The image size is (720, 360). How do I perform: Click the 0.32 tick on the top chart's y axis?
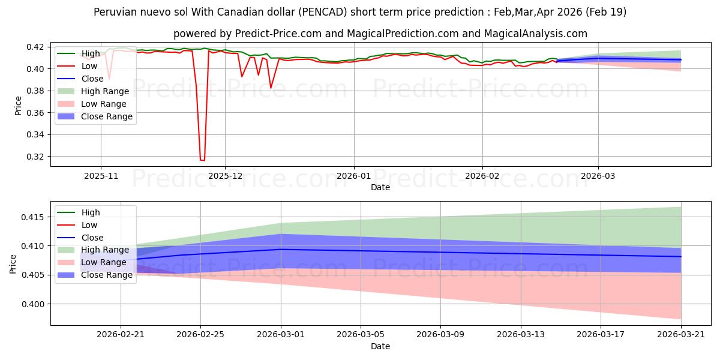35,157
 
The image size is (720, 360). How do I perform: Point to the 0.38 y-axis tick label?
35,91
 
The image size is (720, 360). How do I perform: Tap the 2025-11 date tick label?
101,176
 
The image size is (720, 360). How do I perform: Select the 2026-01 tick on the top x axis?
354,176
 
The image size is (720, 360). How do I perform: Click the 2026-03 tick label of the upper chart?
598,176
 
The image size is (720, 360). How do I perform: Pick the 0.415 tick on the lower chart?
33,218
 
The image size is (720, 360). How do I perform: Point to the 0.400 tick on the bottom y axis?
33,304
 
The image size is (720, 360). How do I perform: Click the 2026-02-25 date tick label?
200,335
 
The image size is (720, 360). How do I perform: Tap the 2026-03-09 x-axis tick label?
440,335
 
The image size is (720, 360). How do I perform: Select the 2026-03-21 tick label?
681,335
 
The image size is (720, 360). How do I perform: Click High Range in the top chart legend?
105,91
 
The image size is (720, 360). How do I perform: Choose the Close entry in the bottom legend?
92,238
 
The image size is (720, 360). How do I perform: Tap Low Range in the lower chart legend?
103,262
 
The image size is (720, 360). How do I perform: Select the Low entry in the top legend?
89,66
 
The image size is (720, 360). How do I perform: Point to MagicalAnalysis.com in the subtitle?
535,34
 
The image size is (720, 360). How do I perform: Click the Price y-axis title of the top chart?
18,106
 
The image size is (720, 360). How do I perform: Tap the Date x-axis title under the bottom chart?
380,347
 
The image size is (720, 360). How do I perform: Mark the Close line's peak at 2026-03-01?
281,249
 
